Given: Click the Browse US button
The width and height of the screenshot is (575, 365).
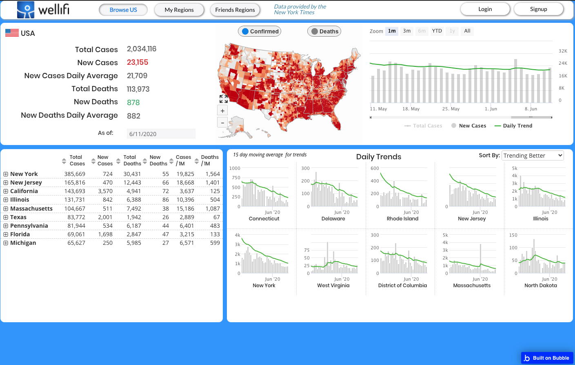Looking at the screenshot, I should (x=123, y=10).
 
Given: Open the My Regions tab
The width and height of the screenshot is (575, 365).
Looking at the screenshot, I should (x=179, y=10).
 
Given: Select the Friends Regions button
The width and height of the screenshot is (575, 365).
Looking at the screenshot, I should (x=235, y=10).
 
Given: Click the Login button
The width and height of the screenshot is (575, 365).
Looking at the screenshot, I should (x=485, y=9).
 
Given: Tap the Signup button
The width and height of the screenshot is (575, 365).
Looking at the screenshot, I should (x=538, y=9).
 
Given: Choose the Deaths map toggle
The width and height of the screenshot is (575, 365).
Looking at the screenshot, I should (x=324, y=31).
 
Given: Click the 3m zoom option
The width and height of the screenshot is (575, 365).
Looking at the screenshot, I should (x=406, y=31).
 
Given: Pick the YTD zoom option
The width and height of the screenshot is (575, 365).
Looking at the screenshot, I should (x=437, y=31).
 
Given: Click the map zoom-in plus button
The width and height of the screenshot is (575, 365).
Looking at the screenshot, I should (x=222, y=111).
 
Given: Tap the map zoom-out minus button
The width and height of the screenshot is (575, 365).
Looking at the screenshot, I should (x=222, y=122).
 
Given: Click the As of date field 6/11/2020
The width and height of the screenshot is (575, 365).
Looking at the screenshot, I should (x=161, y=134).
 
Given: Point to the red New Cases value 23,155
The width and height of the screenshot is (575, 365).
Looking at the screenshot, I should (x=138, y=62).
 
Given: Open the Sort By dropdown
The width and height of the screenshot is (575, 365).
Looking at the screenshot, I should (x=533, y=156).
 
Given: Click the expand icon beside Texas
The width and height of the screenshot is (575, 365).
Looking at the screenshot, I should (x=6, y=217).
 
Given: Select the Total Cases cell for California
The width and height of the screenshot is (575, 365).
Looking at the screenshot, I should (x=75, y=191).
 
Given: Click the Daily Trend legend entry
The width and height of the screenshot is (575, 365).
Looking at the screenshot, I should (x=513, y=126).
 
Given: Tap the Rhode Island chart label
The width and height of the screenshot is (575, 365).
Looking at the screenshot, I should (x=402, y=219).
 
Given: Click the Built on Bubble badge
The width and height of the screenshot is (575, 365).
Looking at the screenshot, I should (x=547, y=358).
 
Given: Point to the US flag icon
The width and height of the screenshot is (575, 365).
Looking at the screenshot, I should (x=12, y=33).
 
